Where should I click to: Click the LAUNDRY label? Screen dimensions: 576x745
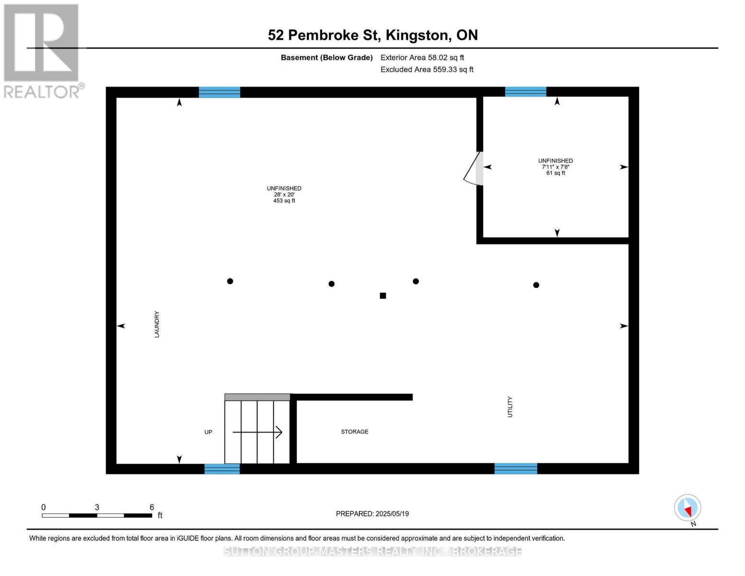click(157, 324)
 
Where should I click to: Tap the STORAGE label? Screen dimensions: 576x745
click(355, 432)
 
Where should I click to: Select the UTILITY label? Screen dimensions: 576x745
click(510, 407)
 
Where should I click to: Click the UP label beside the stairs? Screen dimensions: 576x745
click(208, 432)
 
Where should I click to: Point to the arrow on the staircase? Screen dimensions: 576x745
click(258, 432)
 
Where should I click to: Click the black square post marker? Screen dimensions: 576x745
click(383, 296)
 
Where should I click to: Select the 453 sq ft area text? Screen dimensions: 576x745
click(284, 201)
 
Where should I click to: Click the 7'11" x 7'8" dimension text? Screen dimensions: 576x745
click(556, 167)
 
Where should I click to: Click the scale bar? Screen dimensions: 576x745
click(97, 516)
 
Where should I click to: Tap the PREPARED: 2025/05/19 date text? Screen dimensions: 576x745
click(372, 514)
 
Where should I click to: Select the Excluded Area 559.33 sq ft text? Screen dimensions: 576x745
click(426, 70)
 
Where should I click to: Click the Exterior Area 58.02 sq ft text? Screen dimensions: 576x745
click(422, 58)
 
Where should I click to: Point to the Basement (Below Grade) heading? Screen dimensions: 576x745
click(326, 58)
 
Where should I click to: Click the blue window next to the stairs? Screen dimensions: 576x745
click(222, 469)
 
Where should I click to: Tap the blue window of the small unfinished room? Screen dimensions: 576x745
click(525, 92)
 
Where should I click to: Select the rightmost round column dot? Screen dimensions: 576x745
click(536, 285)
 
